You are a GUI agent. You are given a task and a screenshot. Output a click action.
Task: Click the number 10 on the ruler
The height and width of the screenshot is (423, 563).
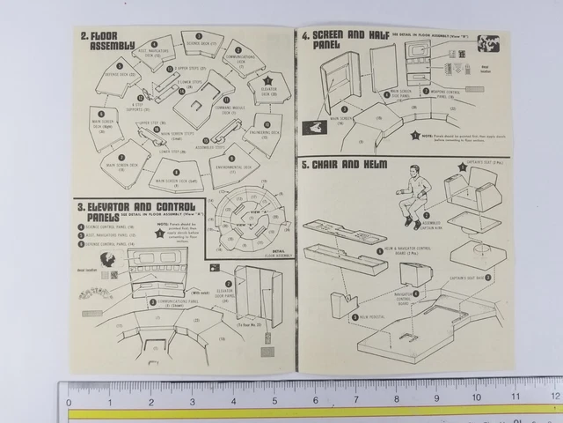click(476, 400)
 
